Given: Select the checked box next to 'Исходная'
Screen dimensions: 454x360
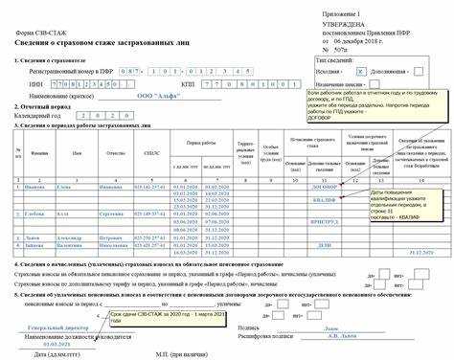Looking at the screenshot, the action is (360, 71).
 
